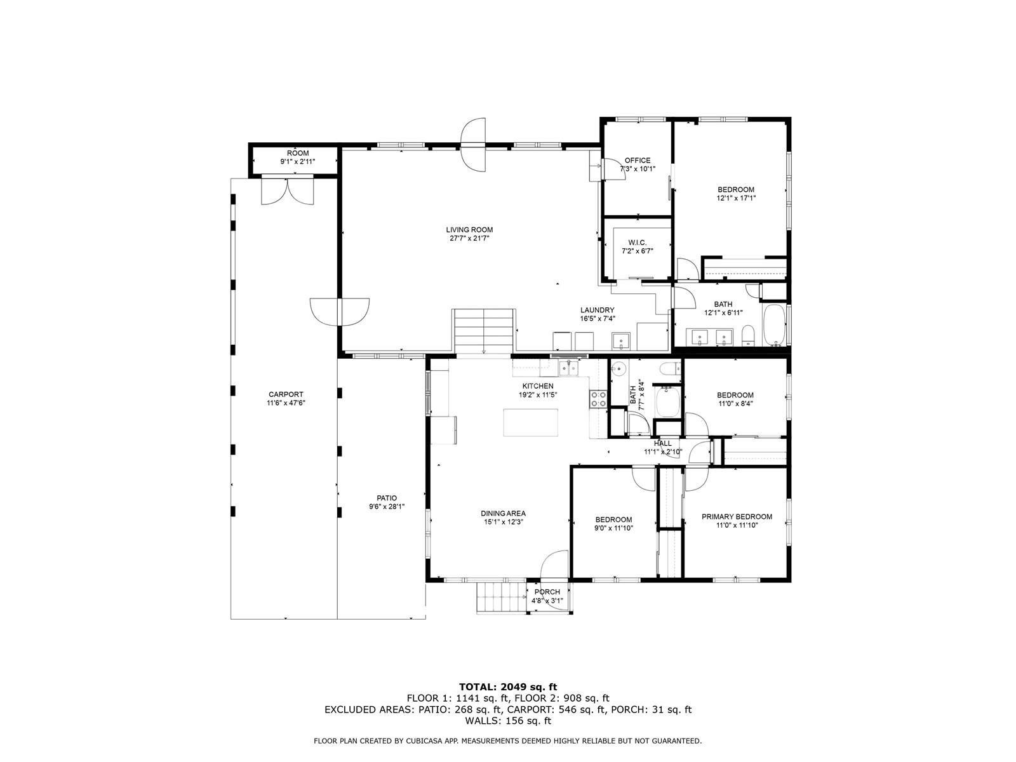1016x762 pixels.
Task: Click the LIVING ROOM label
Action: coord(469,229)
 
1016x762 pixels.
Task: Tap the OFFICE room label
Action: coord(638,161)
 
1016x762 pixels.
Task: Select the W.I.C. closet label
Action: coord(637,243)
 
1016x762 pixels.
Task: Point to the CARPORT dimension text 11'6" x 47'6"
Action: coord(286,403)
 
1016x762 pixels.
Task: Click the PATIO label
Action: coord(387,498)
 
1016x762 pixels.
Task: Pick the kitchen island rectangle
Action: coord(530,422)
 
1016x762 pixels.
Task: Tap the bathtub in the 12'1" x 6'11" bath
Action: coord(773,325)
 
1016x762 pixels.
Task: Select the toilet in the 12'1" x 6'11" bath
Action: coord(748,335)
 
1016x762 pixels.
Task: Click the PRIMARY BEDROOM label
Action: coord(737,517)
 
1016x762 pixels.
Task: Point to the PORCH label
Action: coord(547,592)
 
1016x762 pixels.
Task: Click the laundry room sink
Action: coord(620,341)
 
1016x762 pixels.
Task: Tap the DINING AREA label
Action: coord(503,513)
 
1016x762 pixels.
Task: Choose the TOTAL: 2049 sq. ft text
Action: coord(508,686)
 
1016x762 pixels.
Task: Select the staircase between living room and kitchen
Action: coord(484,331)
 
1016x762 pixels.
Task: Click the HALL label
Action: coord(663,443)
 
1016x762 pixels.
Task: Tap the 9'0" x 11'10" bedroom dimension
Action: coord(614,528)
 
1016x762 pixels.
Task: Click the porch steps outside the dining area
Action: coord(502,598)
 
